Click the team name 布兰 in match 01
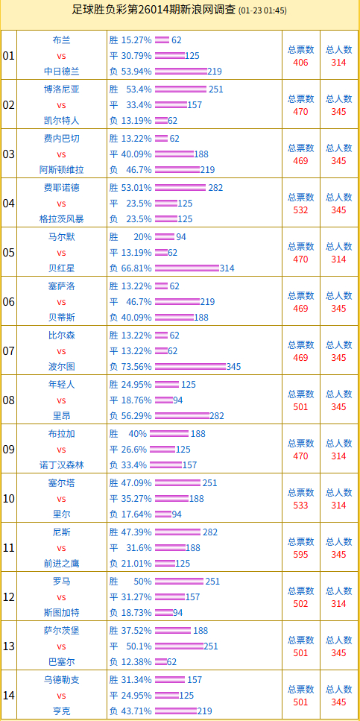61,40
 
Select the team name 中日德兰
61,72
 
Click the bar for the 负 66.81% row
186,268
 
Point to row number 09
9,449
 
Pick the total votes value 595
300,555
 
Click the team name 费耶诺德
61,187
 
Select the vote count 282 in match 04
216,187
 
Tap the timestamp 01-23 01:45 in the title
262,11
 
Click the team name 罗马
61,581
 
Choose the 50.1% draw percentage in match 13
136,646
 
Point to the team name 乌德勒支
61,679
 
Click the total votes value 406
300,63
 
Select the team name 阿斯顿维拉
61,170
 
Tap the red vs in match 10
61,499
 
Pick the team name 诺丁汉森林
61,465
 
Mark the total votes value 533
300,506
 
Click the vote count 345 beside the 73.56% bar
233,367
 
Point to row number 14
9,695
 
